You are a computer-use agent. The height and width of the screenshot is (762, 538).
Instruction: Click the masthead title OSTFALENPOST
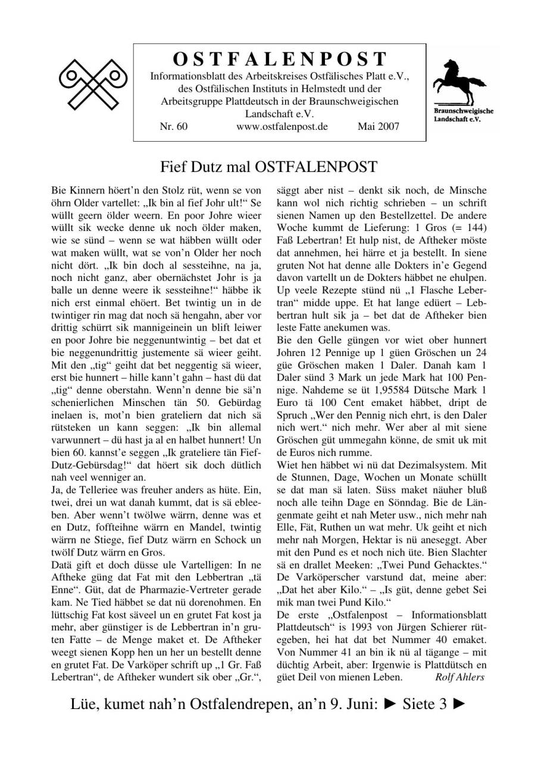coord(280,60)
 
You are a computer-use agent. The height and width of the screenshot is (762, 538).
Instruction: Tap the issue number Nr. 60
coord(174,126)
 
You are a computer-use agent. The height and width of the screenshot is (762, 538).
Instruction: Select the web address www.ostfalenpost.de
coord(281,126)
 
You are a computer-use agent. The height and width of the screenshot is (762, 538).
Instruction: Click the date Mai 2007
coord(379,126)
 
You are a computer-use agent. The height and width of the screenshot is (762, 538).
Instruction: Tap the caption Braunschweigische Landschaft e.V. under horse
coord(464,115)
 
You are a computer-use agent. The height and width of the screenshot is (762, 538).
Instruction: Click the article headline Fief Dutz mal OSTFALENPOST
coord(269,165)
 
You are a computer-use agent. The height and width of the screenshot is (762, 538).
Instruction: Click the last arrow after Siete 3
coord(459,705)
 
